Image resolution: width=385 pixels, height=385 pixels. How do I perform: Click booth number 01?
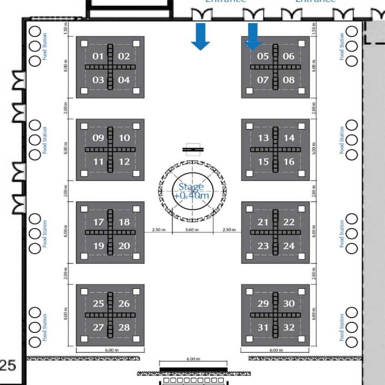98,56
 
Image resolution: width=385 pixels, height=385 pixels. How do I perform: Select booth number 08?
289,80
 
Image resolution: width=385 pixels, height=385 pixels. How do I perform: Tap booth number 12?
124,162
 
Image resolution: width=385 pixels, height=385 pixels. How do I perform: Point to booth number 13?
263,138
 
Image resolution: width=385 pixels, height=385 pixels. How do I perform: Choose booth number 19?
99,246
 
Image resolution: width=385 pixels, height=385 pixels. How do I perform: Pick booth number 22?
289,222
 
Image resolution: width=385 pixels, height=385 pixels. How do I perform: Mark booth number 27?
99,327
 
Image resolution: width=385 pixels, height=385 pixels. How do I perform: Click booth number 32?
289,327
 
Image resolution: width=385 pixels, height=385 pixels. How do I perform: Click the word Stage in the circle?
191,187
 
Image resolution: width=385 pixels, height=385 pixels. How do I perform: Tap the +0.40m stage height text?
192,196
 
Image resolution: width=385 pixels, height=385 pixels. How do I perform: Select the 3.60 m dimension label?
192,230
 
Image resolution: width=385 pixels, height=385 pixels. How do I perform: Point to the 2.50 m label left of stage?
158,230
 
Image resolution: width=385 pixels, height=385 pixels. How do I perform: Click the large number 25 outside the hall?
8,365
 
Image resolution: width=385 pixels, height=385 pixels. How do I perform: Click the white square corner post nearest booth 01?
84,44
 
